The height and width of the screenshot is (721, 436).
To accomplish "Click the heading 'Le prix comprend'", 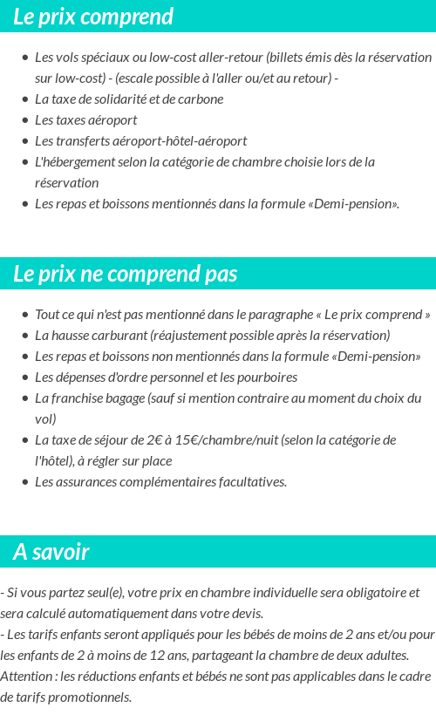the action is (x=93, y=17).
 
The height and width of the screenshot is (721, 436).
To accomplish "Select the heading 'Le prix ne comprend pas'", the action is (x=125, y=274).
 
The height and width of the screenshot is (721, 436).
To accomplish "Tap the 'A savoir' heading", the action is (x=51, y=552).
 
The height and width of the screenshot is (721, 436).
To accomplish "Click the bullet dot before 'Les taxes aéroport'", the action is (x=25, y=120).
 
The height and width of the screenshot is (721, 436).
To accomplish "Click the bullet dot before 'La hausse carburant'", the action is (x=25, y=336).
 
